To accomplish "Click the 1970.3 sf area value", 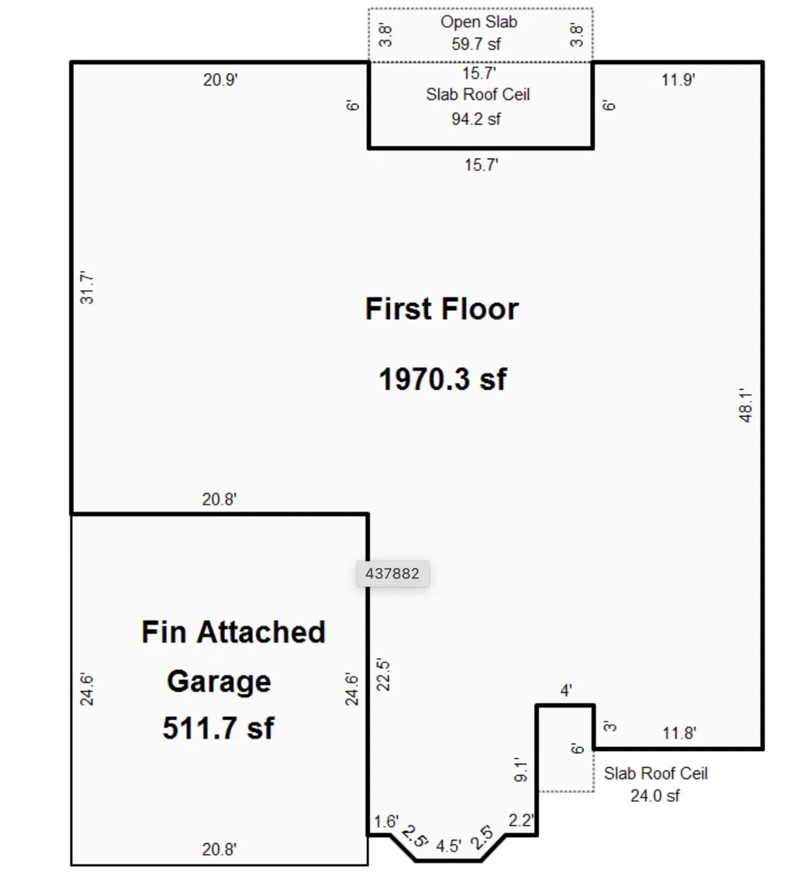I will (x=442, y=379).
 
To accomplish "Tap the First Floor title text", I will (x=442, y=309).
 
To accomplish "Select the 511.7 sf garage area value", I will (x=218, y=728).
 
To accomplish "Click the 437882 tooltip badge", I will (x=392, y=573).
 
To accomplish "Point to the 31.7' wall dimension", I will (x=87, y=288).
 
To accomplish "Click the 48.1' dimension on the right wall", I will (x=746, y=406).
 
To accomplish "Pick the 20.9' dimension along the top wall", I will (x=220, y=80).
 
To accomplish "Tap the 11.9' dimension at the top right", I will (x=678, y=80).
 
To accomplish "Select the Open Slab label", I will (x=479, y=22).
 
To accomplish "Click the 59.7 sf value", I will (x=476, y=44).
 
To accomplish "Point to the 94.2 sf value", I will (x=476, y=119).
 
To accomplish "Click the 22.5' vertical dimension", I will (x=383, y=675).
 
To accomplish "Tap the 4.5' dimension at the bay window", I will (x=448, y=846).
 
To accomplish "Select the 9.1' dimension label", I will (x=521, y=770).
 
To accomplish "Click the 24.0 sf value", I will (x=655, y=796).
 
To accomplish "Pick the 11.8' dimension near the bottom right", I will (x=679, y=733).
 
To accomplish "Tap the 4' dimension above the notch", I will (x=566, y=691).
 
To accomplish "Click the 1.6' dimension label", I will (x=385, y=822).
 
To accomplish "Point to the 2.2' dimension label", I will (x=520, y=820).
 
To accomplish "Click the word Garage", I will (x=218, y=681).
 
